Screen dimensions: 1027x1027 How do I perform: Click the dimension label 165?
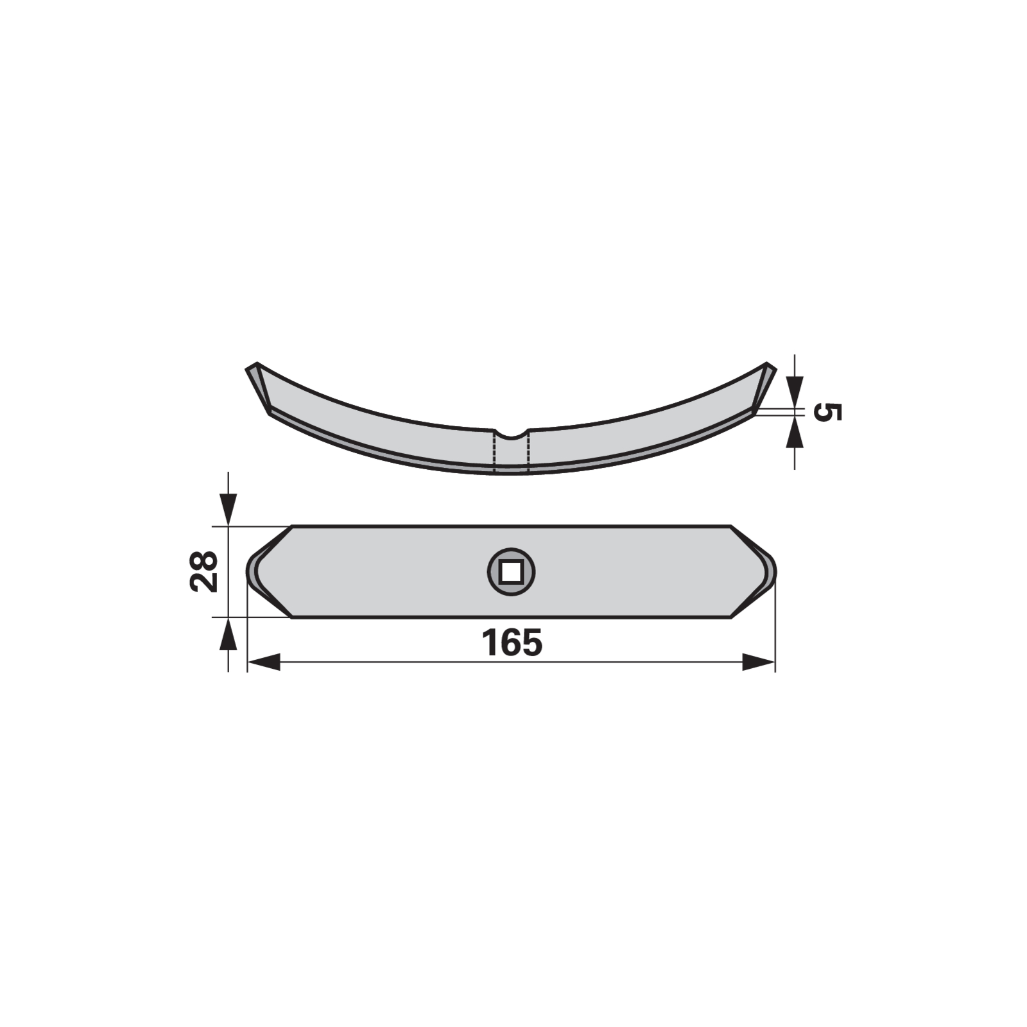point(512,643)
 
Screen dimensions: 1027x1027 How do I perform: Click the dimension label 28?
point(205,571)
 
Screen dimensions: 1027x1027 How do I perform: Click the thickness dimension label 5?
point(827,412)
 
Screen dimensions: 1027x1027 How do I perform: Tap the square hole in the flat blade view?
point(510,571)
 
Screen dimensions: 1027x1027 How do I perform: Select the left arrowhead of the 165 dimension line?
point(264,662)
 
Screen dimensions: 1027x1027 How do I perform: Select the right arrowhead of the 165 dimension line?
point(759,662)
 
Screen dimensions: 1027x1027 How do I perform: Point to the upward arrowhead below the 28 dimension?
point(229,634)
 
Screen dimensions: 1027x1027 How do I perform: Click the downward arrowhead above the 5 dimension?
point(795,392)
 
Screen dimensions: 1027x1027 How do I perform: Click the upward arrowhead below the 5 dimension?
point(795,433)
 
